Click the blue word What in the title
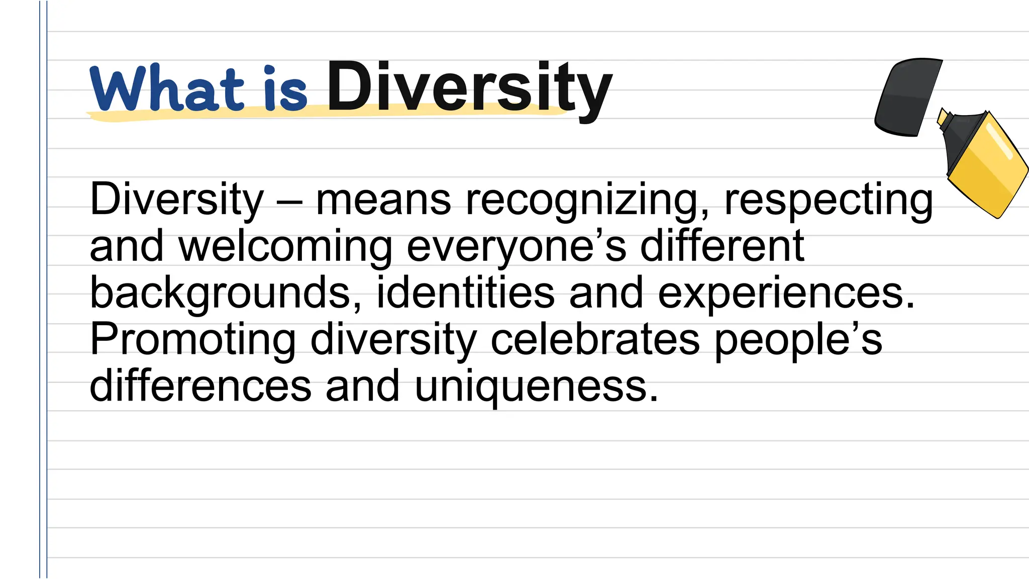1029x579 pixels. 166,89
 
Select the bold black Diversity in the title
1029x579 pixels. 470,88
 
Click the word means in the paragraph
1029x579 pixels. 383,200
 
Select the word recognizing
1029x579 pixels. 588,201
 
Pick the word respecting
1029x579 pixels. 829,201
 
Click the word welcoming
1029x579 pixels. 285,247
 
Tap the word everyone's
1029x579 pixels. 517,247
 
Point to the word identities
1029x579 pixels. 465,293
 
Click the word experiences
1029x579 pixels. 786,294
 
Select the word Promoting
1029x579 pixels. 193,340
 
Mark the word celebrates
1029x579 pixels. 595,339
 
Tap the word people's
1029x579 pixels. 798,340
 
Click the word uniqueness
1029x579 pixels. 536,387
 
